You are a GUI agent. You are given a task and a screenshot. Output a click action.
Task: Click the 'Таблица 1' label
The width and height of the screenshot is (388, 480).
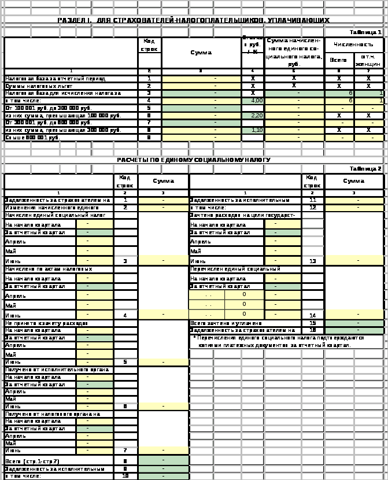[368, 32]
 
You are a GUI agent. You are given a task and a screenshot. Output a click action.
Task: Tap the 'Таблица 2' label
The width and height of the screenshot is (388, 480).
[368, 168]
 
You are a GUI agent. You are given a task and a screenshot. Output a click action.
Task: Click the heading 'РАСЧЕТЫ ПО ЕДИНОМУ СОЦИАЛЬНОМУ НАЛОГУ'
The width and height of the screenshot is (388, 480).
[194, 160]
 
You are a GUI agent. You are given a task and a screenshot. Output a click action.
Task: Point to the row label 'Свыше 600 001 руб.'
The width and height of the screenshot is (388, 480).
[32, 138]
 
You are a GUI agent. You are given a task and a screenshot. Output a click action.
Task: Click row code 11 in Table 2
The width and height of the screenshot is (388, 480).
[312, 200]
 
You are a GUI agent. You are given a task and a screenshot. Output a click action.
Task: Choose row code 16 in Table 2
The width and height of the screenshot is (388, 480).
[312, 330]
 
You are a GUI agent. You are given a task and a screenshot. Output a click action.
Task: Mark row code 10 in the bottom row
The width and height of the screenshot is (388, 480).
[125, 476]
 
